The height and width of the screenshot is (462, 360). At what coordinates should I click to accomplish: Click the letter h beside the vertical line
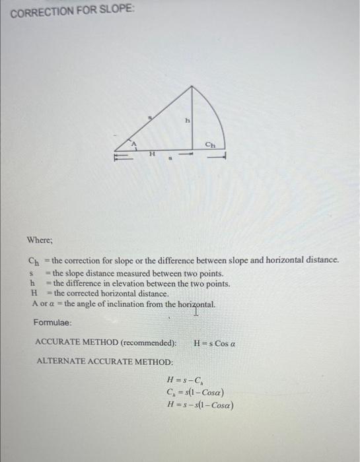tap(187, 121)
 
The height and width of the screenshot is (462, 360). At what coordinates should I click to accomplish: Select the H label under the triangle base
tap(151, 154)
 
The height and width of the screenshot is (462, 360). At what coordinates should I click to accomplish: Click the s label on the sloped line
tap(151, 117)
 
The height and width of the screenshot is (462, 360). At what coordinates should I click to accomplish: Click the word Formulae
tap(52, 323)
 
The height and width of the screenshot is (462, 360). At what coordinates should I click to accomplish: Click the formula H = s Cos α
tap(215, 343)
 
